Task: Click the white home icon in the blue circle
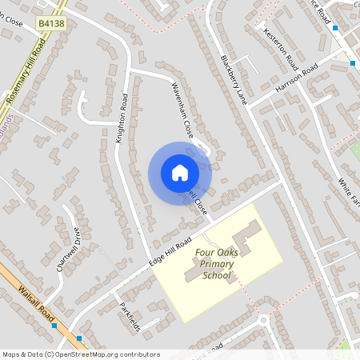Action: point(179,173)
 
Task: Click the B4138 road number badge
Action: point(50,26)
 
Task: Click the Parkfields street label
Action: point(130,316)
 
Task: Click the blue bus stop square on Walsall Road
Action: point(54,326)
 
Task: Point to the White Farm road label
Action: point(350,190)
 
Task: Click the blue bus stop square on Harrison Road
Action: point(352,62)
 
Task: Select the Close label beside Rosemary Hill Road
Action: point(12,35)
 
